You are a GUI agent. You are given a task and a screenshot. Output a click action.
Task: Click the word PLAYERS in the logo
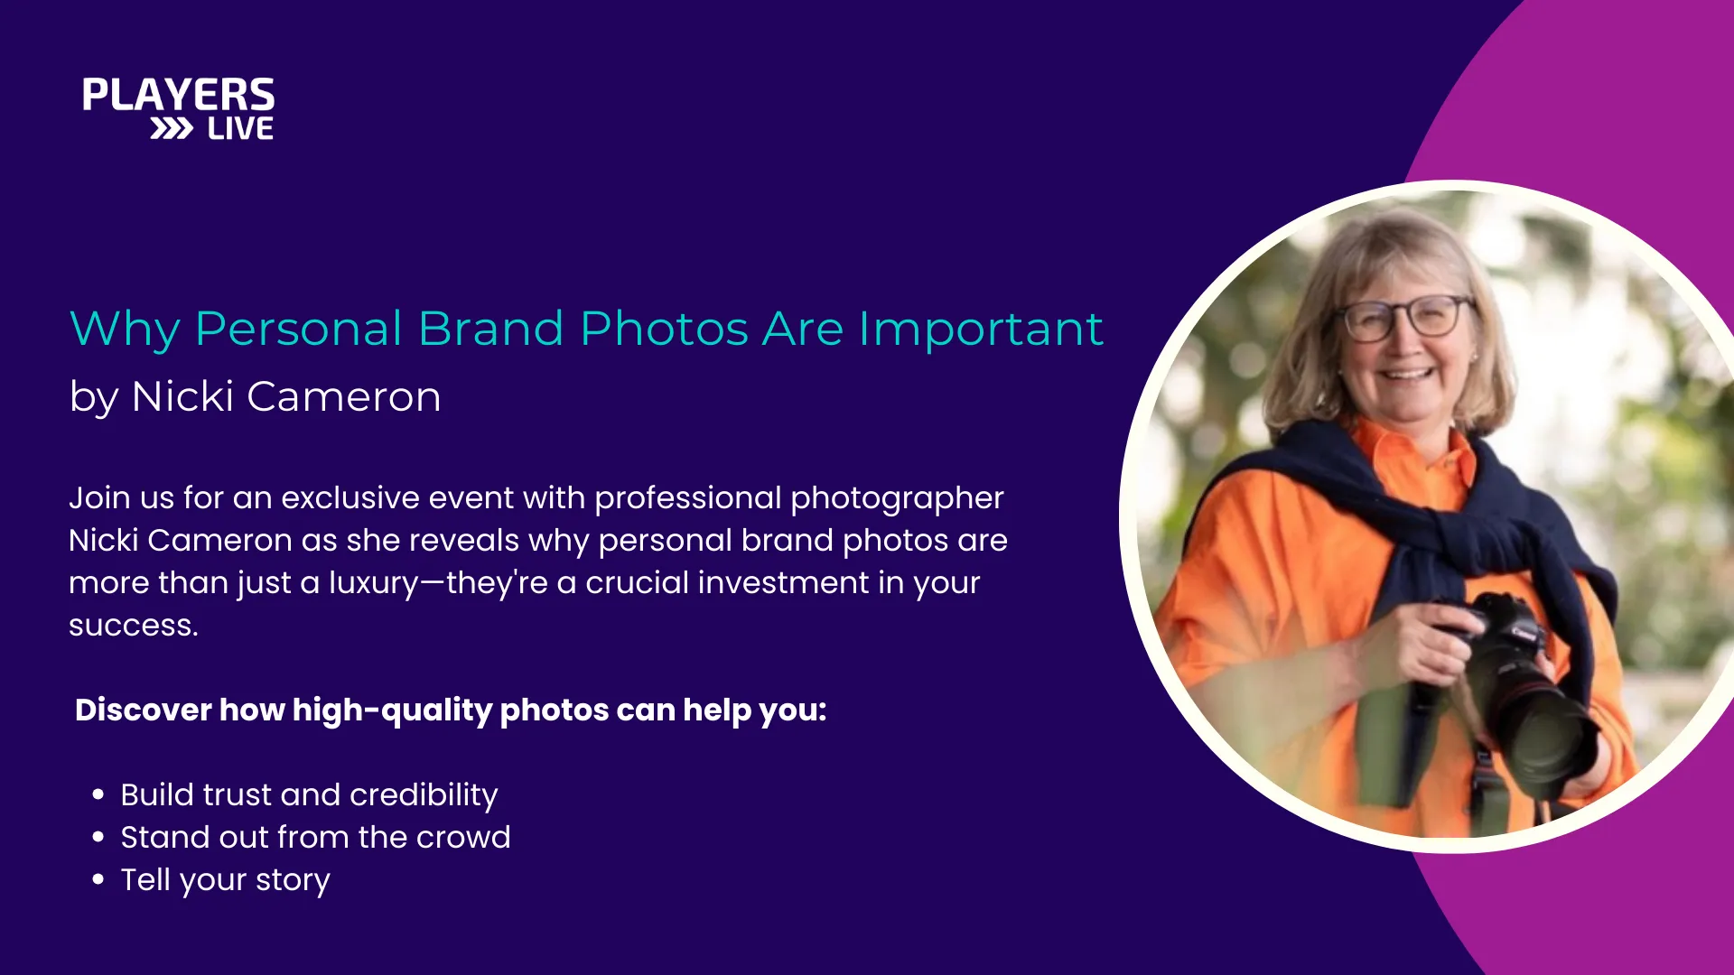tap(179, 95)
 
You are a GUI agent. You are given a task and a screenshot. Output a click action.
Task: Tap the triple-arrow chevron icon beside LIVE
tap(172, 129)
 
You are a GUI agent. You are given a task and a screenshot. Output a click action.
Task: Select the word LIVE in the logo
tap(240, 129)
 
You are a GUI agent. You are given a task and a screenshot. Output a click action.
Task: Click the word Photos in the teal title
tap(664, 328)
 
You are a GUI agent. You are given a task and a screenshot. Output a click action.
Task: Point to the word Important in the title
tap(981, 329)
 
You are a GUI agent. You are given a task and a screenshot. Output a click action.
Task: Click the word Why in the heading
tap(125, 330)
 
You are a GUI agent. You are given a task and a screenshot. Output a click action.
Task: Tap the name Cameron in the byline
tap(344, 396)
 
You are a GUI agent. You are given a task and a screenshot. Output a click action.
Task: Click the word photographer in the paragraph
tap(897, 499)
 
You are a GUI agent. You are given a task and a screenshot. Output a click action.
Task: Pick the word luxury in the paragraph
tap(374, 584)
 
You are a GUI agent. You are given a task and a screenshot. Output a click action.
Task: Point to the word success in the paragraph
tap(133, 626)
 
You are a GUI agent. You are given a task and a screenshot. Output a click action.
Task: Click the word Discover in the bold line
tap(144, 710)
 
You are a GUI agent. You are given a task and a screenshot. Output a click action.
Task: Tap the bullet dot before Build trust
tap(98, 794)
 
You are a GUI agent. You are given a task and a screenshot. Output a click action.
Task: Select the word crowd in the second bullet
tap(463, 837)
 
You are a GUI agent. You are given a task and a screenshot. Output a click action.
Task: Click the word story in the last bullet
tap(293, 881)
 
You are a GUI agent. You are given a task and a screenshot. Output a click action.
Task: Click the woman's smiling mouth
tap(1407, 372)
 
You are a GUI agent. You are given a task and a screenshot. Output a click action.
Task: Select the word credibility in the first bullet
tap(424, 795)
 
